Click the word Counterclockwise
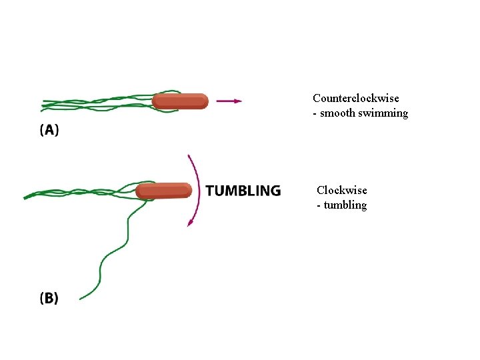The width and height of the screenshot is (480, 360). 356,99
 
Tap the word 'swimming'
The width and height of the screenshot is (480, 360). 383,114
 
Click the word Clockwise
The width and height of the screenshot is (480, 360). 341,191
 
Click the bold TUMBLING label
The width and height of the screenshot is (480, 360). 243,191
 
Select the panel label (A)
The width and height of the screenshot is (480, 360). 49,131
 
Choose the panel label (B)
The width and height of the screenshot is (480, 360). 49,298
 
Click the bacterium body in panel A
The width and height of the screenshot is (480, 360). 180,101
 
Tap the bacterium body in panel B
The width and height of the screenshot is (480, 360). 164,191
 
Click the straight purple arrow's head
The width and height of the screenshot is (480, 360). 238,101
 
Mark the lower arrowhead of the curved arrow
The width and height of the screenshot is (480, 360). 190,223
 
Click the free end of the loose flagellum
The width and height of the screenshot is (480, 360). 80,297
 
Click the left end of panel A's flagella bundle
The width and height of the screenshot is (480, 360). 43,104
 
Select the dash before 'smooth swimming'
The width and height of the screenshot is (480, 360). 315,114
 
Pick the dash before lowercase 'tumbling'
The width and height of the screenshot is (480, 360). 319,206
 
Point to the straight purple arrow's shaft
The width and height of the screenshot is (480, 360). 223,101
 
